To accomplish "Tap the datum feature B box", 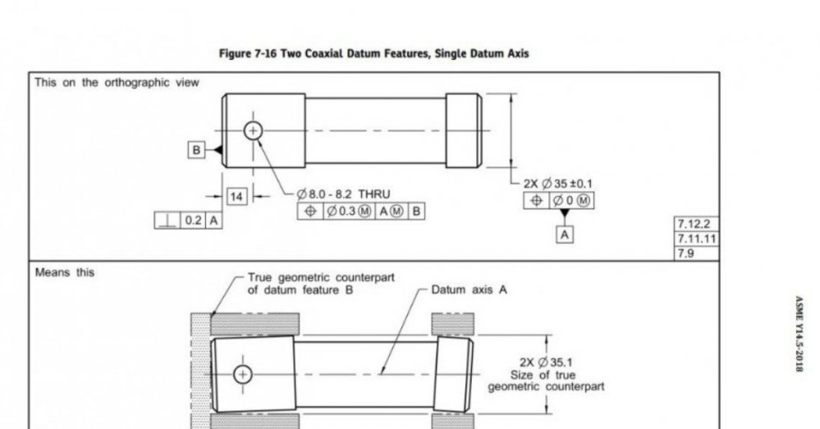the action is pyautogui.click(x=196, y=150).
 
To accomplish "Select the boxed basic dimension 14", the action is pyautogui.click(x=236, y=197).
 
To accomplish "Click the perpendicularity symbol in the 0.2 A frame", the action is pyautogui.click(x=167, y=221).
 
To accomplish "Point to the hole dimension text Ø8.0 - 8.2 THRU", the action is pyautogui.click(x=343, y=194).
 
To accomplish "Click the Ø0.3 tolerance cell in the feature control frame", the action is pyautogui.click(x=349, y=211).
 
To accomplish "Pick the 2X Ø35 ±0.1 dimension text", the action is pyautogui.click(x=558, y=184).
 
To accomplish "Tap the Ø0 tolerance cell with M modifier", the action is pyautogui.click(x=571, y=201).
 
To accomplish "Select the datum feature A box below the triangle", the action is pyautogui.click(x=564, y=235).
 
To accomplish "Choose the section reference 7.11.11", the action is pyautogui.click(x=697, y=239).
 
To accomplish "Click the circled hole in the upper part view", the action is pyautogui.click(x=253, y=130).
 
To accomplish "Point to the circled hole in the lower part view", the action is pyautogui.click(x=243, y=374).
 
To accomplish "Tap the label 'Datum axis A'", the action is pyautogui.click(x=469, y=290).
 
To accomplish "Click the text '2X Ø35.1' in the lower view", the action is pyautogui.click(x=546, y=362).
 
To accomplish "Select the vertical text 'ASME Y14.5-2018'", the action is pyautogui.click(x=799, y=335).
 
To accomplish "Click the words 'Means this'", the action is pyautogui.click(x=65, y=272).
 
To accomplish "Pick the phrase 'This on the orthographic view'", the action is pyautogui.click(x=117, y=83).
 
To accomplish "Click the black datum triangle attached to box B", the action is pyautogui.click(x=218, y=150).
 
